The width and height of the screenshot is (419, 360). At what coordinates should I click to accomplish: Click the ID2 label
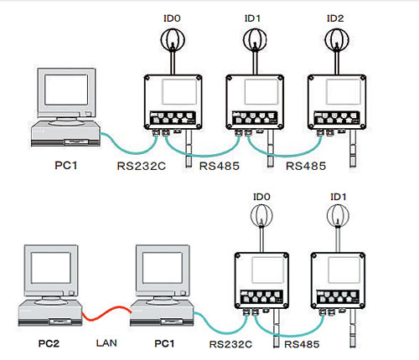pos(335,18)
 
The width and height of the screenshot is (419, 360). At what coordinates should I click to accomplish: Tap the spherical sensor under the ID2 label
pos(337,40)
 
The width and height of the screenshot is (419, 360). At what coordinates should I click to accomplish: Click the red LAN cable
pos(106,313)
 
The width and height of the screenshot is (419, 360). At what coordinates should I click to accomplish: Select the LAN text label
pos(106,343)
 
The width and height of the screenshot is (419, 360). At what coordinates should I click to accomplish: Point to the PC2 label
pos(49,343)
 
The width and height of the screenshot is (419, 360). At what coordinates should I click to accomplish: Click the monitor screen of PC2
pos(51,267)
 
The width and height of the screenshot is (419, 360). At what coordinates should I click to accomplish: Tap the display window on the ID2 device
pos(344,92)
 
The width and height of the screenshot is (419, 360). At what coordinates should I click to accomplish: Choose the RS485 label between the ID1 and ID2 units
pos(306,166)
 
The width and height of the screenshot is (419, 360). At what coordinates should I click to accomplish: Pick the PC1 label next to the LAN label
pos(164,343)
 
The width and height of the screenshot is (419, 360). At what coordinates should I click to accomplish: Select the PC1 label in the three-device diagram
pos(66,165)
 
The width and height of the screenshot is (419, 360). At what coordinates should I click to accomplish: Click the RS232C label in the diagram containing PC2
pos(230,344)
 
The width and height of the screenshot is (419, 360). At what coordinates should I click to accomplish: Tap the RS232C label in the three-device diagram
pos(142,166)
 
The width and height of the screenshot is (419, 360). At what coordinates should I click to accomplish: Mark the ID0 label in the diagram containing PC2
pos(261,197)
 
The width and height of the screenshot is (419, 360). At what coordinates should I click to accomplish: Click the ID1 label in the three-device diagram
pos(252,18)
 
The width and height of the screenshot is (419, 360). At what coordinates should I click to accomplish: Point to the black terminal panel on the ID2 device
pos(337,118)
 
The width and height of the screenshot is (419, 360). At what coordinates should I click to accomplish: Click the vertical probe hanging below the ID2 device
pos(353,148)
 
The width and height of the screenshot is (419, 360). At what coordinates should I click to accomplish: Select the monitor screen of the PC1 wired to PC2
pos(163,267)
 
